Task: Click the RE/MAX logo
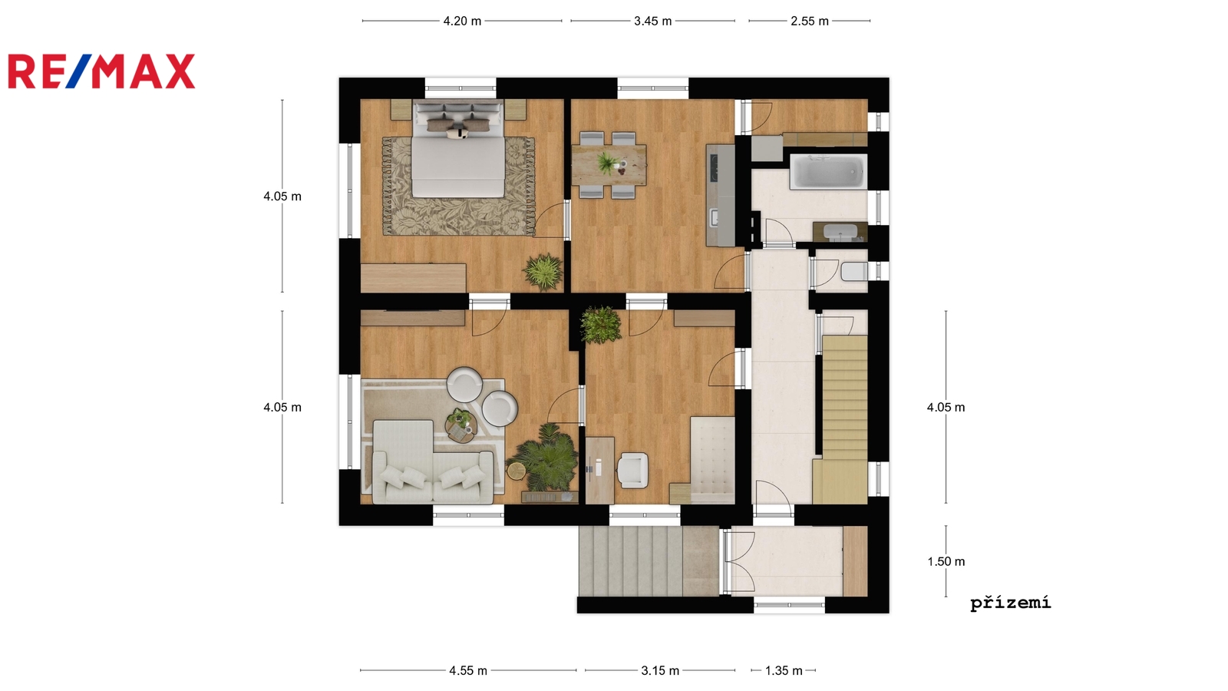pyautogui.click(x=101, y=71)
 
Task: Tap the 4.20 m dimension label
pyautogui.click(x=462, y=21)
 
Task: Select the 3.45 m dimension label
pyautogui.click(x=653, y=21)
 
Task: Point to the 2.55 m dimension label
pyautogui.click(x=810, y=21)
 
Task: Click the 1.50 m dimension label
pyautogui.click(x=946, y=561)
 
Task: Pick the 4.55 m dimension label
pyautogui.click(x=468, y=671)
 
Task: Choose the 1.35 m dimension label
pyautogui.click(x=784, y=671)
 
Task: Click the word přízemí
pyautogui.click(x=1011, y=603)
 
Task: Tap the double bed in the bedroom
pyautogui.click(x=458, y=149)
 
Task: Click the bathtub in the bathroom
pyautogui.click(x=828, y=172)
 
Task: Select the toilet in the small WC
pyautogui.click(x=854, y=272)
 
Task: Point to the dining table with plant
pyautogui.click(x=609, y=164)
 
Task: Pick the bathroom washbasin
pyautogui.click(x=840, y=233)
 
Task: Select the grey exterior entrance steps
pyautogui.click(x=649, y=561)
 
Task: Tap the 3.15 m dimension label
pyautogui.click(x=660, y=671)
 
